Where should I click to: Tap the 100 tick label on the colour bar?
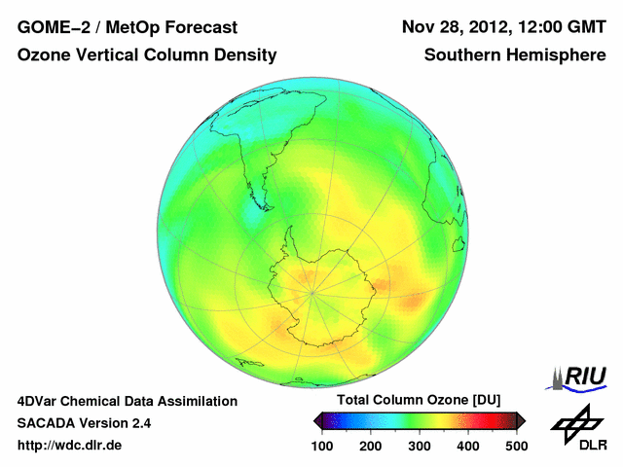point(322,446)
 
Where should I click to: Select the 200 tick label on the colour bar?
point(371,446)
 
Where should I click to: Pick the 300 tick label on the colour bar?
point(420,446)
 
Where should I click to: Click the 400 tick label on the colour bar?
point(468,446)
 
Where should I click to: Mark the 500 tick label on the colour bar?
point(516,446)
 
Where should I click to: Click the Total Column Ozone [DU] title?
point(419,401)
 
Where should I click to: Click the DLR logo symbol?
point(574,423)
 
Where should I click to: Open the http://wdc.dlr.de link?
point(71,446)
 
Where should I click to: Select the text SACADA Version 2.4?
point(84,423)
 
